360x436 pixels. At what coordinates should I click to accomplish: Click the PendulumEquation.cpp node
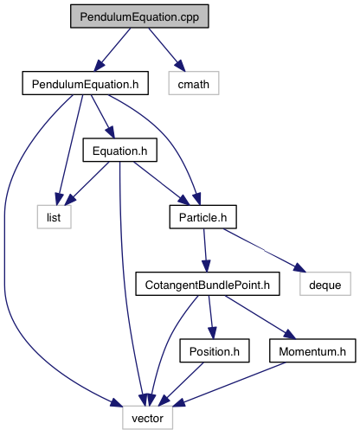point(139,16)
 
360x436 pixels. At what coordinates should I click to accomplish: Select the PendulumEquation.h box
point(86,83)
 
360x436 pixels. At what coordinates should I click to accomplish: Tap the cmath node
point(194,83)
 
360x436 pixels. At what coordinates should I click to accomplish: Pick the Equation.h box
point(120,151)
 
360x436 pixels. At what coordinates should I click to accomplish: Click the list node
point(54,217)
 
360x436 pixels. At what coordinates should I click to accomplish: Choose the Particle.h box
point(203,217)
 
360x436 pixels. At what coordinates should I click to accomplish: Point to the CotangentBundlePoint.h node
point(208,284)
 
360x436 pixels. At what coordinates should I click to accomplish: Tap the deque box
point(325,284)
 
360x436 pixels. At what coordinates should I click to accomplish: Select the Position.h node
point(215,351)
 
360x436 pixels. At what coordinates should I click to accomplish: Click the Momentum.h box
point(312,351)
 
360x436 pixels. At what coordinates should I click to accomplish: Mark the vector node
point(147,418)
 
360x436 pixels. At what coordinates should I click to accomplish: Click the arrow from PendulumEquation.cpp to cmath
point(167,49)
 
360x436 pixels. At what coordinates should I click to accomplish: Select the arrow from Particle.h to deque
point(264,250)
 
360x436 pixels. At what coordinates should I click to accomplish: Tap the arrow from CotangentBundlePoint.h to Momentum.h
point(260,317)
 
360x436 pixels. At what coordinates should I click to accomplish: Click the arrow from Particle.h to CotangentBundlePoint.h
point(205,250)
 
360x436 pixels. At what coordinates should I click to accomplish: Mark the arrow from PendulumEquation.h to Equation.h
point(103,117)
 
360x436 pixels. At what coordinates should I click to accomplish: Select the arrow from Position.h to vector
point(181,384)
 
